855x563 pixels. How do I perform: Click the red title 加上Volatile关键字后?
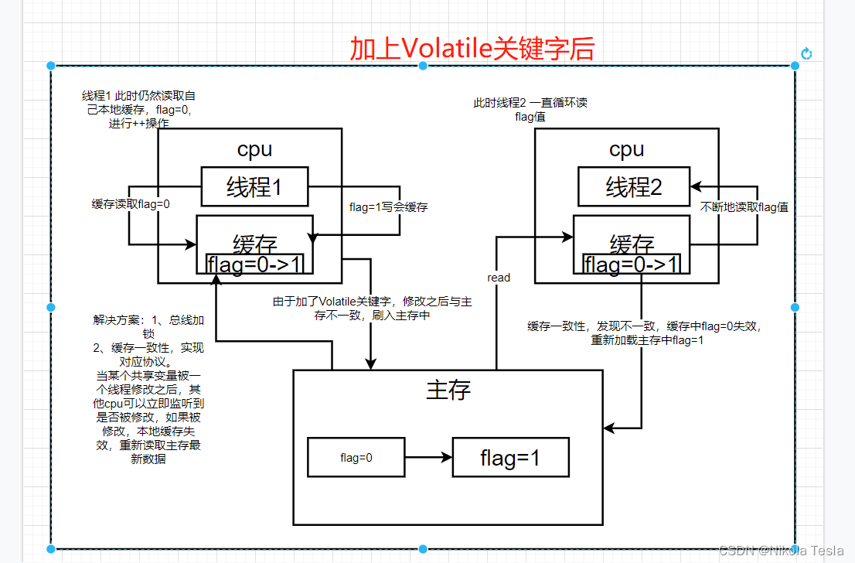coord(472,48)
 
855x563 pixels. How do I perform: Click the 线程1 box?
coord(254,186)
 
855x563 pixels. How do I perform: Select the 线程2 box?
coord(633,186)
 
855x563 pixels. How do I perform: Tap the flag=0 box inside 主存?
coord(356,457)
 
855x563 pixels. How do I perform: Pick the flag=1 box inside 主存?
coord(510,458)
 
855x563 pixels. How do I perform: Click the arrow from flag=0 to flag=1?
coord(428,457)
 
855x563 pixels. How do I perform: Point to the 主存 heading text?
coord(448,389)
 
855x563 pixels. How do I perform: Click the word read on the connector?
coord(499,277)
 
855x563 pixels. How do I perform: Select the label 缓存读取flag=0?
coord(131,204)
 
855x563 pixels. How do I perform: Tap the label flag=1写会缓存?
coord(389,206)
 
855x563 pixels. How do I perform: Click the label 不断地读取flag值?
coord(744,207)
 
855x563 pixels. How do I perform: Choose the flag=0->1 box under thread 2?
coord(632,264)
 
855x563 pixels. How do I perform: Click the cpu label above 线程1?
coord(254,148)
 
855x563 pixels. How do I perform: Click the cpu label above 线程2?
coord(626,148)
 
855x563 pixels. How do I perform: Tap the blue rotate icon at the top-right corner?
coord(806,53)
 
